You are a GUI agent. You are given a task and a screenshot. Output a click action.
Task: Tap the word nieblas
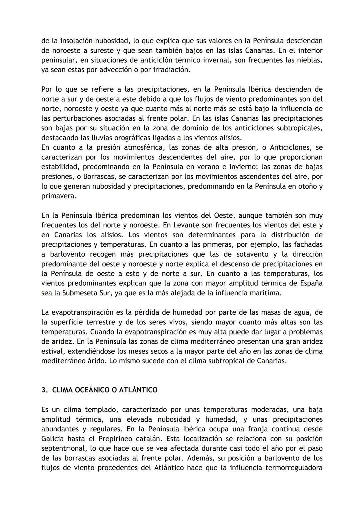pos(310,60)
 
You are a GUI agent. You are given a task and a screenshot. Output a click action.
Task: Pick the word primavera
pos(59,196)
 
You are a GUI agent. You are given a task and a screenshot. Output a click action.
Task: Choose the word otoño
pos(306,186)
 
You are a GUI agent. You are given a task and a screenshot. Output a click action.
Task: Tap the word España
pos(310,283)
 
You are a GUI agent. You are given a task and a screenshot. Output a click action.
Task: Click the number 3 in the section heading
pos(43,390)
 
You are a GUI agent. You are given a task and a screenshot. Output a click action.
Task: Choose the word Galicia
pos(53,439)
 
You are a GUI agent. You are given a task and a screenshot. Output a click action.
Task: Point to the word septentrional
pos(62,448)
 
